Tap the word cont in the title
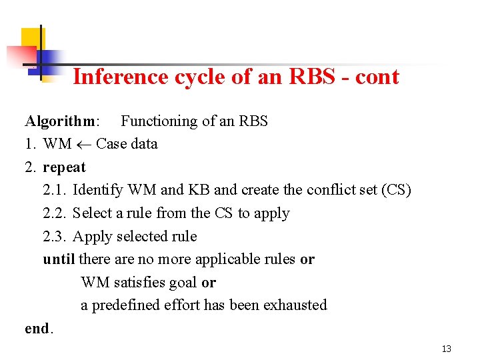377,77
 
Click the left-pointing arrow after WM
84,144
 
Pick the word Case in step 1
111,144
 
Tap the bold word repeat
65,167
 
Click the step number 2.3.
55,236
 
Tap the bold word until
59,259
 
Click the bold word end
37,328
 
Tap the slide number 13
446,349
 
